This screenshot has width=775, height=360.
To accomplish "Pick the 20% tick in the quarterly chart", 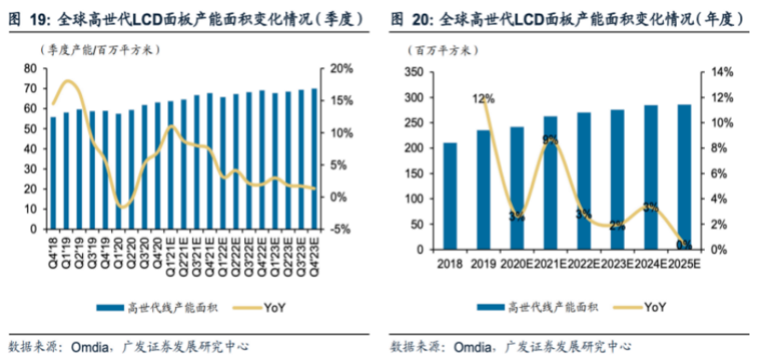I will (338, 68).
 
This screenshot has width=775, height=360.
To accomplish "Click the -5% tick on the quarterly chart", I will (338, 229).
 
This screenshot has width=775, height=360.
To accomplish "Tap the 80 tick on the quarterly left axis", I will (30, 68).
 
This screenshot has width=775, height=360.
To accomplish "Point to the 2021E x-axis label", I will (551, 264).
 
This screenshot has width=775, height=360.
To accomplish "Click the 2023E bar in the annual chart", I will (617, 179).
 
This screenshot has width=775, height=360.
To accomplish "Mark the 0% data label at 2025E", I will (684, 245).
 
